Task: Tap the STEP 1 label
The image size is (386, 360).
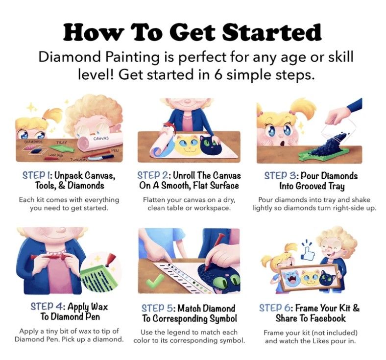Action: pos(37,175)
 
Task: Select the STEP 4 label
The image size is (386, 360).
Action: pos(48,307)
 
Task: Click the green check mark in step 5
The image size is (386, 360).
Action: pos(155,281)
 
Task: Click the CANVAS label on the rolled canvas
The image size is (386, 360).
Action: pos(101,139)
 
